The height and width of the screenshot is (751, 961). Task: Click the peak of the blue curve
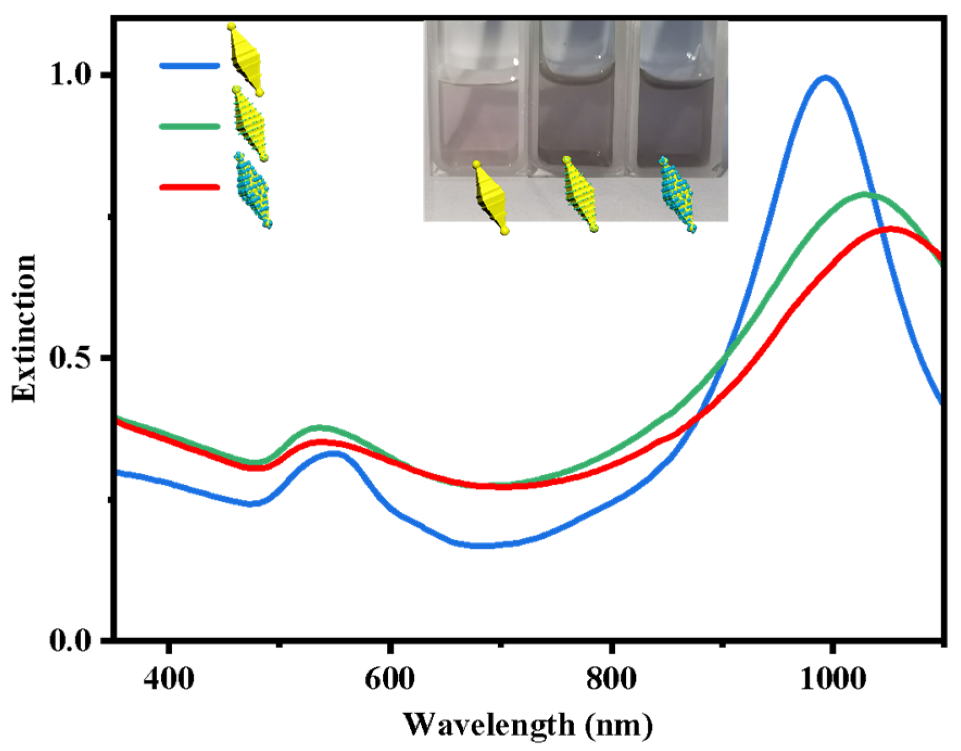click(x=825, y=77)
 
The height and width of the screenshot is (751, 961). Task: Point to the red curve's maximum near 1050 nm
click(x=890, y=228)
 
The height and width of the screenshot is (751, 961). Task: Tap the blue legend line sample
click(x=189, y=66)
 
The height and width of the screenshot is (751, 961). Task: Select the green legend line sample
click(x=189, y=126)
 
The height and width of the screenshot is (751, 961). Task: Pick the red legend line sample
click(x=189, y=187)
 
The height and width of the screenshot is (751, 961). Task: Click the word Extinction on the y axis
click(x=24, y=328)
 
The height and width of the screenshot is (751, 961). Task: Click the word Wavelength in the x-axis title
click(x=489, y=724)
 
